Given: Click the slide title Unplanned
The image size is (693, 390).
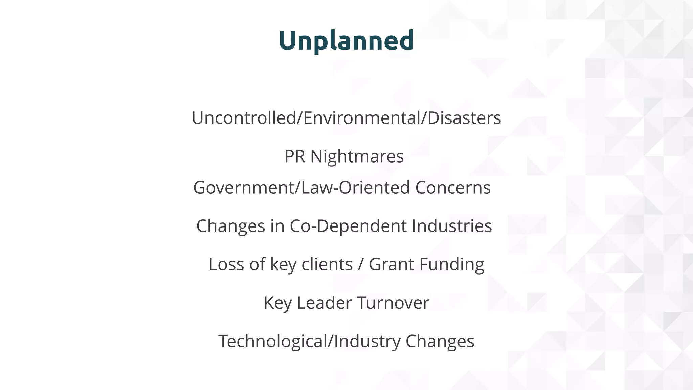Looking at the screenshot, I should tap(346, 41).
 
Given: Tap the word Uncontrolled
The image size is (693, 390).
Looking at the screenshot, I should tap(244, 118).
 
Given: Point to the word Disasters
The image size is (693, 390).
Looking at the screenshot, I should tap(464, 118).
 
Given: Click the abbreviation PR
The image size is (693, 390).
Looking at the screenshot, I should tap(294, 156).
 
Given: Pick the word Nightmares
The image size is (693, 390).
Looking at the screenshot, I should tap(357, 156).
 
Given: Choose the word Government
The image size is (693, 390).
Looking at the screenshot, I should tap(244, 188).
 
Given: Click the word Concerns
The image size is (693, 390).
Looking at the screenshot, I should tap(453, 188).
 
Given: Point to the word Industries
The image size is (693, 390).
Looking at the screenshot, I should tap(452, 226).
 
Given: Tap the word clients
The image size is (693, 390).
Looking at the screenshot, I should tap(327, 264).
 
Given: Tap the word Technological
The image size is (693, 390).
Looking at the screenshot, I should tap(273, 341).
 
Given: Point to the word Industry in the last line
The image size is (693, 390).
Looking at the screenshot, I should tap(367, 341).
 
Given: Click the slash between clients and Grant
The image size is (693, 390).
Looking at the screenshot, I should tap(360, 265).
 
